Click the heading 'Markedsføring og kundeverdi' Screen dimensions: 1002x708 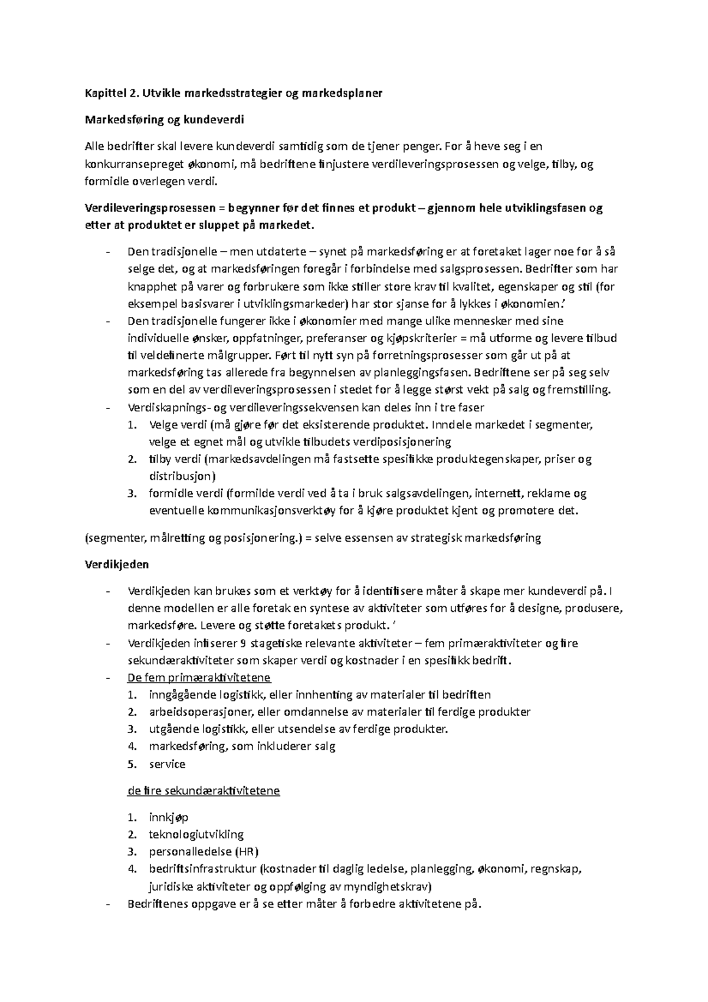(x=164, y=120)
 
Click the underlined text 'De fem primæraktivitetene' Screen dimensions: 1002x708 (x=199, y=677)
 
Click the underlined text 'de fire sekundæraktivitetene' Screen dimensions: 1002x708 (x=203, y=791)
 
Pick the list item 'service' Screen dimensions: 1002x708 (x=167, y=764)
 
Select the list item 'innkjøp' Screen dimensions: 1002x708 (x=168, y=818)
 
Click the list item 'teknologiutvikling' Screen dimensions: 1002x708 (x=196, y=834)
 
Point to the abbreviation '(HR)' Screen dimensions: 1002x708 (x=247, y=852)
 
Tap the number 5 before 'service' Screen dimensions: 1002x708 (x=133, y=764)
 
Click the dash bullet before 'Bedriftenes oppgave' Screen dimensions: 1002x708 (x=107, y=904)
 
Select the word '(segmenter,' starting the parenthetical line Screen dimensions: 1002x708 (x=116, y=538)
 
